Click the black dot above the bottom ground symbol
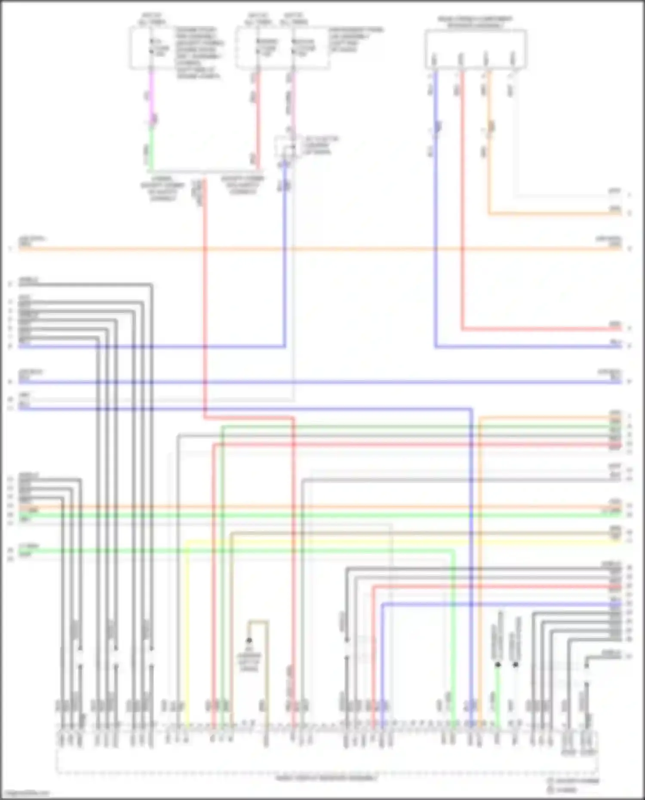coord(249,641)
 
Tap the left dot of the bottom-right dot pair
coord(498,665)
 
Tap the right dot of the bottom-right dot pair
coord(515,665)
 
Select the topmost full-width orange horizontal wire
coord(318,248)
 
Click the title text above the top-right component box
coord(475,22)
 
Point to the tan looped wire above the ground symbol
coord(259,621)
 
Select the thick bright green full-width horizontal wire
coord(318,515)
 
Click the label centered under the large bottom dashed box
coord(327,778)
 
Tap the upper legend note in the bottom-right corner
coord(573,781)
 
